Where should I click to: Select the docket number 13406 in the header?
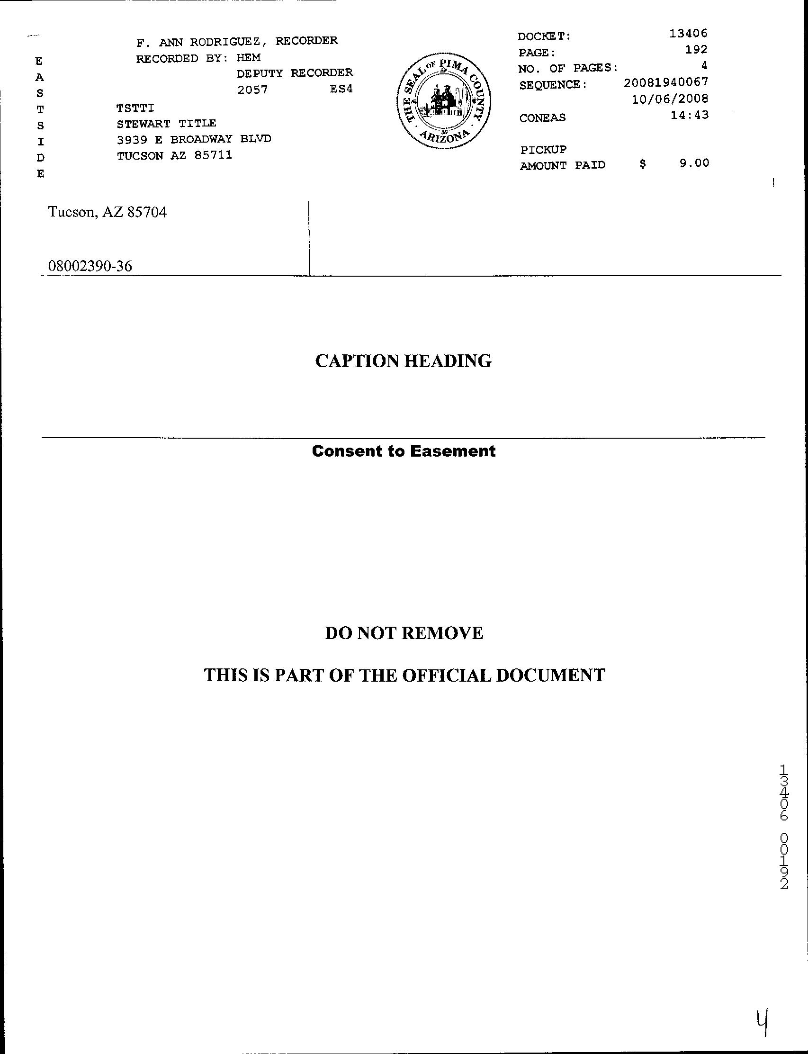[688, 33]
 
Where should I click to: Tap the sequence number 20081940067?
[665, 82]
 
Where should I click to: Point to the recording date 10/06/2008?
[670, 99]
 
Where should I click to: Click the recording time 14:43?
[689, 115]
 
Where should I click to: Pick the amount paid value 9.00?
[694, 163]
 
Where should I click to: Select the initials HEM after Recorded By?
[249, 58]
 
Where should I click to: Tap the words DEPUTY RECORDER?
[294, 73]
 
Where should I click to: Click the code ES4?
[341, 89]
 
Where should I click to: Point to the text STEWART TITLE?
[166, 124]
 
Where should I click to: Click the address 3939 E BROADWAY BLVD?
[194, 139]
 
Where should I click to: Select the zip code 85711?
[213, 155]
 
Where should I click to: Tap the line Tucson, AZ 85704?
[107, 212]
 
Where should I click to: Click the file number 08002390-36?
[90, 266]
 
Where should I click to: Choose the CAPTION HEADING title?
[403, 361]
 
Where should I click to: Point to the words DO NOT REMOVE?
[404, 633]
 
